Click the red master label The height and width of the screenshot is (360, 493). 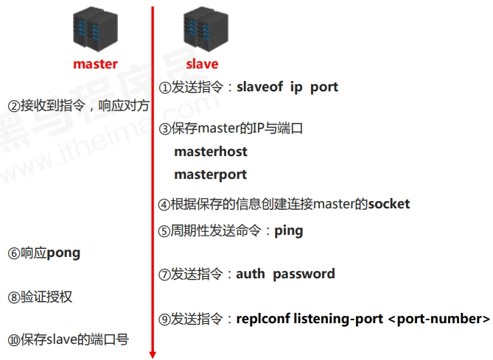[x=95, y=64]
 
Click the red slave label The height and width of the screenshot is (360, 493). [x=202, y=64]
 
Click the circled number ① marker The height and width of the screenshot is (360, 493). [x=164, y=87]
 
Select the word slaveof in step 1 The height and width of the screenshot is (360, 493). [x=258, y=87]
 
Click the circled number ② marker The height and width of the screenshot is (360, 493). [x=13, y=106]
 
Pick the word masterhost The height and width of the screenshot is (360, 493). [x=211, y=152]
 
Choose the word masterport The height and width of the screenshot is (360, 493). [x=210, y=174]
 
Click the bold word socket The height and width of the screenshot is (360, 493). [x=388, y=204]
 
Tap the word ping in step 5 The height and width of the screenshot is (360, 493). [x=288, y=230]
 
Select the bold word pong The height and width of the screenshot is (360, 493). [x=63, y=253]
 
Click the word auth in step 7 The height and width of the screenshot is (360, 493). [x=251, y=274]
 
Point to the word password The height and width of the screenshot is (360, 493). [x=304, y=274]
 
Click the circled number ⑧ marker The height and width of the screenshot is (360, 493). [x=13, y=297]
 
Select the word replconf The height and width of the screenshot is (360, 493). [x=263, y=319]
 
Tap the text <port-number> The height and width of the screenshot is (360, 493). [x=438, y=319]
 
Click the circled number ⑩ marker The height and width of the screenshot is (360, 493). [x=13, y=340]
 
